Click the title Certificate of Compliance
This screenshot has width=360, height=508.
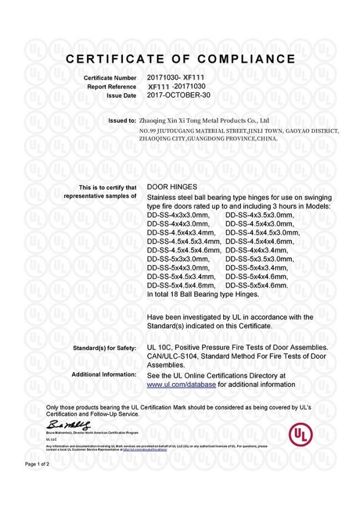click(181, 59)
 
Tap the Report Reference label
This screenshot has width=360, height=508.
click(112, 87)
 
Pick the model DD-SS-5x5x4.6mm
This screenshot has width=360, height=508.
click(257, 286)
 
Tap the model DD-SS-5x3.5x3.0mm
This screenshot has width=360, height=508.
click(260, 259)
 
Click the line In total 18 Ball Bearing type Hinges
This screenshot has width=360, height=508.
click(203, 294)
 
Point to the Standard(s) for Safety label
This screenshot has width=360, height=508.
click(105, 348)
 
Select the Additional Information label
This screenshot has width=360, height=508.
click(104, 375)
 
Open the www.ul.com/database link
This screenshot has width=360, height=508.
click(181, 384)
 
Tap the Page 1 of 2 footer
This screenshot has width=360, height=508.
click(37, 464)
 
